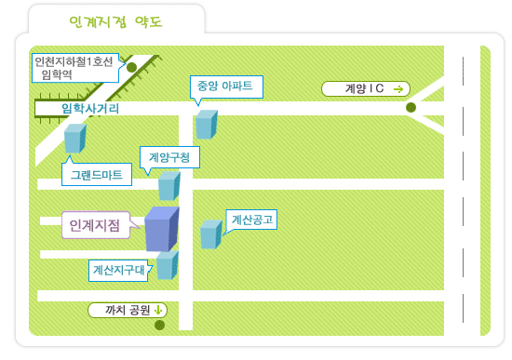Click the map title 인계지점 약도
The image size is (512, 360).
click(116, 22)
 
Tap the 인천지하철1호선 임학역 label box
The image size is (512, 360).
click(75, 68)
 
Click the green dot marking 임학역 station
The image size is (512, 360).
click(131, 67)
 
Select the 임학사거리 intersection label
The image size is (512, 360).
click(90, 109)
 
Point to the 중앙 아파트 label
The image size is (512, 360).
click(226, 87)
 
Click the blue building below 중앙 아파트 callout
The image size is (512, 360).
click(207, 125)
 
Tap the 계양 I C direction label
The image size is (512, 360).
click(366, 88)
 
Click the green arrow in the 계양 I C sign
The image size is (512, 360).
click(398, 89)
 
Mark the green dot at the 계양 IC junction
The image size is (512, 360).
click(411, 107)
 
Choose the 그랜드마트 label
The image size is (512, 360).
click(97, 175)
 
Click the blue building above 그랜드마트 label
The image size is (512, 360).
click(75, 139)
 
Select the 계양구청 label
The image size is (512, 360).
click(169, 157)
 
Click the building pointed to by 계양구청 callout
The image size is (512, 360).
click(169, 186)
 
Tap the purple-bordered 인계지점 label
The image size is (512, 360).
click(95, 225)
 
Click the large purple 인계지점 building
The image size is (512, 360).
click(162, 229)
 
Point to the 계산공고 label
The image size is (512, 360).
click(251, 220)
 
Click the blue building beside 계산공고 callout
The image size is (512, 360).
click(211, 234)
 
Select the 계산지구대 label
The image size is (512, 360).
click(118, 271)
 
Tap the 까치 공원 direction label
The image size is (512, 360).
click(128, 310)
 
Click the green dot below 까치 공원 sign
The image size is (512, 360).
click(159, 325)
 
